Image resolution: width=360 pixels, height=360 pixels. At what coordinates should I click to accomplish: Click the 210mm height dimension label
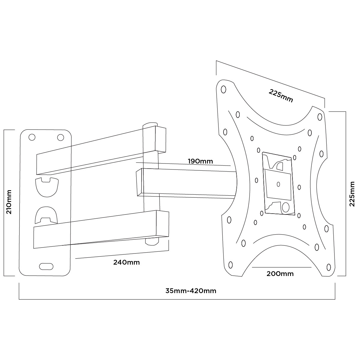9,202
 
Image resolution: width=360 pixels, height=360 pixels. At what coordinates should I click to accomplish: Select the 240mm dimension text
126,262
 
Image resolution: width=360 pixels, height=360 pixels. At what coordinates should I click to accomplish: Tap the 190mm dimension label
200,161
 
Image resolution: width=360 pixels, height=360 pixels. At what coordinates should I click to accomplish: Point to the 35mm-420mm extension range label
191,291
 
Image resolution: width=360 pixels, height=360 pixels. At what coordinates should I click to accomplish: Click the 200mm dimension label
280,274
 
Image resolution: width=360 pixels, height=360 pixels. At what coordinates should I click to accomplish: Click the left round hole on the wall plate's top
31,137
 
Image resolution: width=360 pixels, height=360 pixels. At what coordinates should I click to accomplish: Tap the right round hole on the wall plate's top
60,137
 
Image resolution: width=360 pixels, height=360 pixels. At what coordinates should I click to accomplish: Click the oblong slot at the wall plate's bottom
46,266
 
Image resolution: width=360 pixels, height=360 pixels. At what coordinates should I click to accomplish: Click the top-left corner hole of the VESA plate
223,89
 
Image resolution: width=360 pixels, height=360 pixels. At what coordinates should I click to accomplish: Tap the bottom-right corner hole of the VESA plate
328,267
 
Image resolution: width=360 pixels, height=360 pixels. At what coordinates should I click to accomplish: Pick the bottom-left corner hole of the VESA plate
230,265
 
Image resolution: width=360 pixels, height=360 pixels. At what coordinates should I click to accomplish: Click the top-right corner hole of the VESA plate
320,117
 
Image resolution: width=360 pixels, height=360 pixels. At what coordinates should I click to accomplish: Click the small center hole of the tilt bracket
278,184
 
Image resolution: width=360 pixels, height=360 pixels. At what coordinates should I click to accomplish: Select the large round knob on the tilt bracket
286,207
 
